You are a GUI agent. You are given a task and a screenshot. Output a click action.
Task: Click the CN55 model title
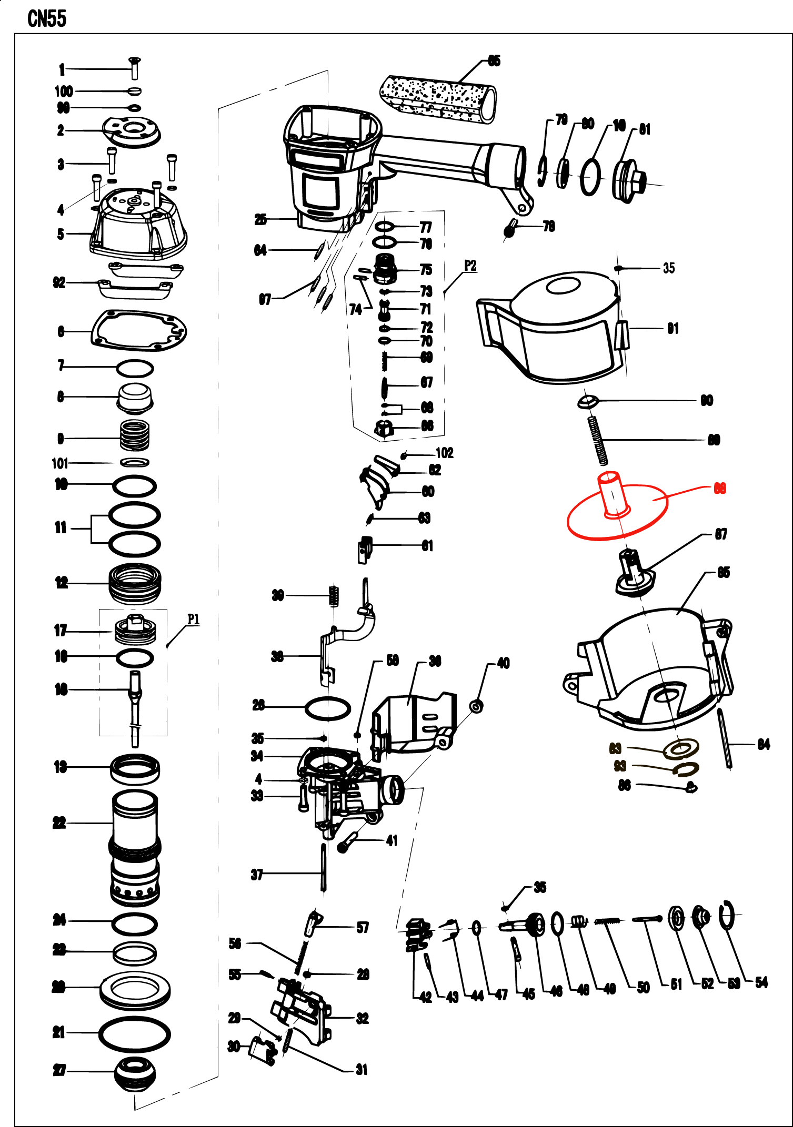(x=47, y=19)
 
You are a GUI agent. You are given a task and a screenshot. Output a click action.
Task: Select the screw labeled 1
(x=134, y=69)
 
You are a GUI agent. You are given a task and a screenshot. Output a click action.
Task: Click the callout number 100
(x=64, y=92)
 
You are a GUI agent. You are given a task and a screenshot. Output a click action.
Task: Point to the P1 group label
(x=194, y=619)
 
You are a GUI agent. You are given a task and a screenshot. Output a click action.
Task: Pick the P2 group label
(x=470, y=266)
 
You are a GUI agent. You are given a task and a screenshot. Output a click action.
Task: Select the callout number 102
(x=445, y=453)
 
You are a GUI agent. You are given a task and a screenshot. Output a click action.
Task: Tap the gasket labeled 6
(x=139, y=330)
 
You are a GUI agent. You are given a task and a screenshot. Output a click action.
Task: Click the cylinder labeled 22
(x=135, y=847)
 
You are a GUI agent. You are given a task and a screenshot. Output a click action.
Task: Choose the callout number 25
(x=260, y=219)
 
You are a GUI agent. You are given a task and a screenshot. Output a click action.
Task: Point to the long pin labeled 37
(x=323, y=867)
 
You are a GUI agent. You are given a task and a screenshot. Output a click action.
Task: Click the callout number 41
(x=392, y=840)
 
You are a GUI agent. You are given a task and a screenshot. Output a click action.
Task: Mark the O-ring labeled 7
(x=135, y=368)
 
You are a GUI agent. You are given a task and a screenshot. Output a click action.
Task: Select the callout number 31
(x=362, y=1069)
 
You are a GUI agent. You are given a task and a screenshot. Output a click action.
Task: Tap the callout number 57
(x=363, y=927)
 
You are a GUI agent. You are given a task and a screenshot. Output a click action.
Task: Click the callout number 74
(x=356, y=309)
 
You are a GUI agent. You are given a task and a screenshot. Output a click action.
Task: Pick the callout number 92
(x=59, y=282)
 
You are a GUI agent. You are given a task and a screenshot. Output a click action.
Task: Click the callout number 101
(x=60, y=463)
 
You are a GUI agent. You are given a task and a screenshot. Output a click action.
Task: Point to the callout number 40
(x=503, y=663)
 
